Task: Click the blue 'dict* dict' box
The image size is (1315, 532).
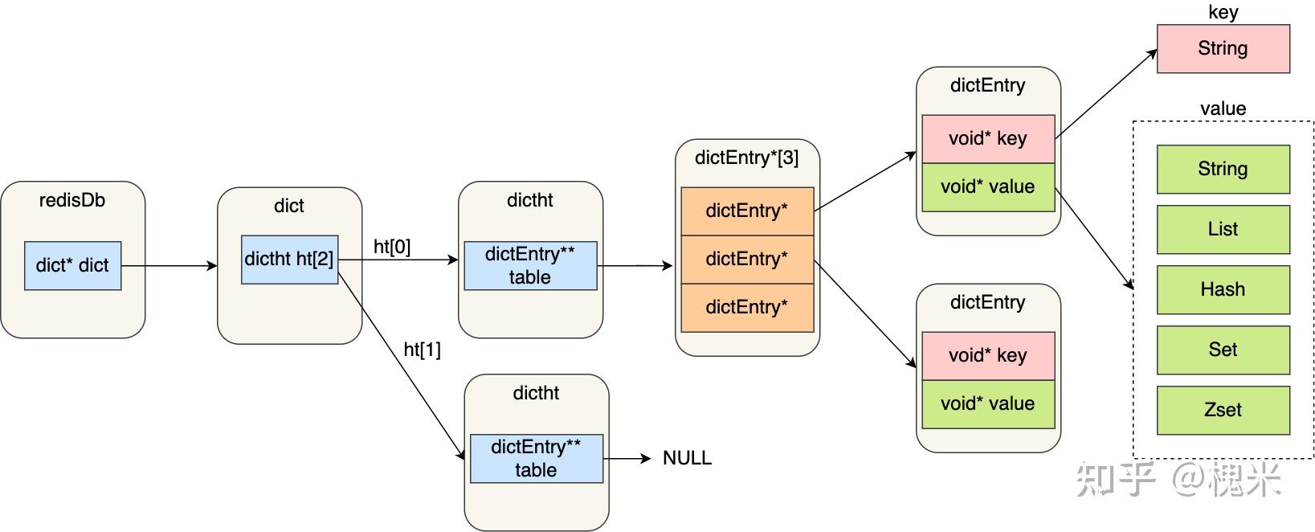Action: coord(72,265)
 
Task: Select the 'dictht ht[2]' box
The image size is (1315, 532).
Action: coord(289,259)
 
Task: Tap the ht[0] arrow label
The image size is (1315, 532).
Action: coord(392,247)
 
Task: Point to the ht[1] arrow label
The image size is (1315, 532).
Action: coord(422,350)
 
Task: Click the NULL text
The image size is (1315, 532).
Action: coord(687,458)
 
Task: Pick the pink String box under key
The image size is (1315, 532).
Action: coord(1223,48)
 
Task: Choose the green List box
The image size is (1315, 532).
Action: coord(1223,229)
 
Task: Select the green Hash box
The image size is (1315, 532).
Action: coord(1223,289)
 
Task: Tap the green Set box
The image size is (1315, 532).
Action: coord(1223,350)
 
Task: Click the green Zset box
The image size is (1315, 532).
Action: coord(1223,410)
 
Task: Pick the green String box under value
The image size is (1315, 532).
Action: coord(1223,169)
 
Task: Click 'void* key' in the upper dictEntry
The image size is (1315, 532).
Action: coord(987,138)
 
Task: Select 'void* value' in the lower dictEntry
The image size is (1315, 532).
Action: coord(987,403)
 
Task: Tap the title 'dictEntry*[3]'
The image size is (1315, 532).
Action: coord(746,158)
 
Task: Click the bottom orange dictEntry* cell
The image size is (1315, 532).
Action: coord(746,307)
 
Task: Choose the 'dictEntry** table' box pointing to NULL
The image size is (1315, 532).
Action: coord(536,458)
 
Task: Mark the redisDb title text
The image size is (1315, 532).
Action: coord(72,200)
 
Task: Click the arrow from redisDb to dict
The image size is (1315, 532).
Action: coord(169,265)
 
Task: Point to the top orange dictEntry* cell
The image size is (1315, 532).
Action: coord(746,211)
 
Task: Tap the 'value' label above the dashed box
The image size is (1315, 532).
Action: coord(1223,108)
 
